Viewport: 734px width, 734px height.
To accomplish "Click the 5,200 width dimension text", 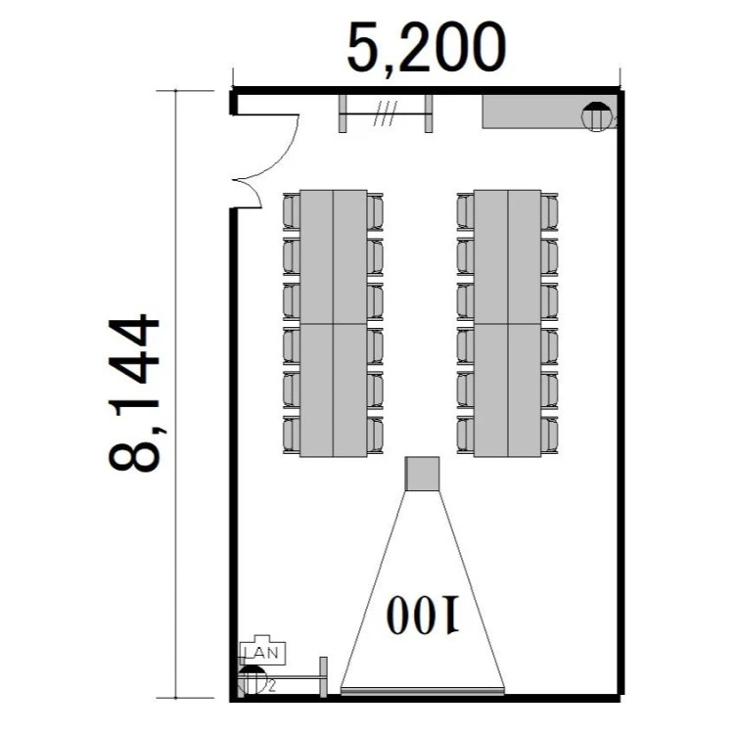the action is pyautogui.click(x=427, y=49).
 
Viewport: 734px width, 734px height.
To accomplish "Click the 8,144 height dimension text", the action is pyautogui.click(x=135, y=392).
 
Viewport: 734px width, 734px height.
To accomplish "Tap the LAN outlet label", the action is pyautogui.click(x=262, y=653).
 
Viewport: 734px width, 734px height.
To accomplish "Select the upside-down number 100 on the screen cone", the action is pyautogui.click(x=423, y=615).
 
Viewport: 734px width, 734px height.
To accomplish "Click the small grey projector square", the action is pyautogui.click(x=422, y=474).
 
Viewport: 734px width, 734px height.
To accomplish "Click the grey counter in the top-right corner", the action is pyautogui.click(x=550, y=112).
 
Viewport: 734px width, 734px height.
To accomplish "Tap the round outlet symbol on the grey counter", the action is pyautogui.click(x=596, y=117).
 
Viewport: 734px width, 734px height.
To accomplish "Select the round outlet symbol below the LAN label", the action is pyautogui.click(x=252, y=680).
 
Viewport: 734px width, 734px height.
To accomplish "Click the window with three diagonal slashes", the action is pyautogui.click(x=386, y=114).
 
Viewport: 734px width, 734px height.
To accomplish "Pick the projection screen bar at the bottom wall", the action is pyautogui.click(x=422, y=691).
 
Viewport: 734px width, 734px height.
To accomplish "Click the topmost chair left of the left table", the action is pyautogui.click(x=292, y=211).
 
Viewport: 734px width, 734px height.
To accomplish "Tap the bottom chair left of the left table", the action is pyautogui.click(x=292, y=435).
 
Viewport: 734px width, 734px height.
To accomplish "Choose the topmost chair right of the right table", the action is pyautogui.click(x=550, y=211).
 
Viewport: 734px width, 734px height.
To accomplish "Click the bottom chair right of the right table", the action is pyautogui.click(x=550, y=435).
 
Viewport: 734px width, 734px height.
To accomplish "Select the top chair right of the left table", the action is pyautogui.click(x=375, y=211).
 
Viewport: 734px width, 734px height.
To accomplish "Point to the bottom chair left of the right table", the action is pyautogui.click(x=465, y=435).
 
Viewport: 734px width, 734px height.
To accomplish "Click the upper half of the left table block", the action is pyautogui.click(x=334, y=256).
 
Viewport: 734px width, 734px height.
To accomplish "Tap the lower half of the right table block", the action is pyautogui.click(x=507, y=390).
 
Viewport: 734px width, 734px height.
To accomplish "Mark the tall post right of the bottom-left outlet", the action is pyautogui.click(x=323, y=677).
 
